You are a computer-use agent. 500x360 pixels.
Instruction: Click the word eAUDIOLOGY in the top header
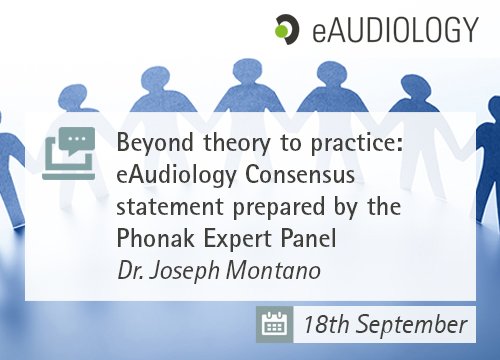point(394,30)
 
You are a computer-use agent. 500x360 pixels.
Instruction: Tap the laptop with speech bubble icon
point(72,150)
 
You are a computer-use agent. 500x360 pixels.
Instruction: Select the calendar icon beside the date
point(274,324)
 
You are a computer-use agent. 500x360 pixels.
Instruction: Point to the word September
point(410,325)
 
